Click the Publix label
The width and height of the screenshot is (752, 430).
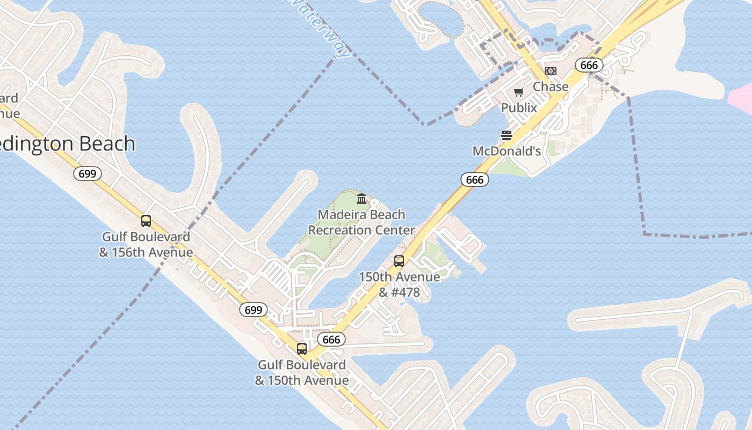pyautogui.click(x=519, y=107)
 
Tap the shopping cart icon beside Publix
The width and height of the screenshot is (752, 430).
pyautogui.click(x=518, y=92)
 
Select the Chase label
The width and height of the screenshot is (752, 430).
pyautogui.click(x=551, y=87)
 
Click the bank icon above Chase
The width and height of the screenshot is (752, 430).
pyautogui.click(x=551, y=71)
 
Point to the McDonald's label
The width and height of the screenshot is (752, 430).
pyautogui.click(x=507, y=151)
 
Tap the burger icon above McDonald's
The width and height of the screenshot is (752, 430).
pyautogui.click(x=507, y=135)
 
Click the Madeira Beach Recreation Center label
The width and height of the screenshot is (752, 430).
pyautogui.click(x=361, y=223)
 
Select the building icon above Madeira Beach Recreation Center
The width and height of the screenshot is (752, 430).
pyautogui.click(x=361, y=199)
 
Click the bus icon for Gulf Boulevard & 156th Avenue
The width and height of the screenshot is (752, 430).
pyautogui.click(x=146, y=221)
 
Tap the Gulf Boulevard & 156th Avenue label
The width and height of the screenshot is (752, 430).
pyautogui.click(x=146, y=245)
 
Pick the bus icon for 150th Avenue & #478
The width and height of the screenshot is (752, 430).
pyautogui.click(x=399, y=261)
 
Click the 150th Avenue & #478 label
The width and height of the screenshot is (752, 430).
pyautogui.click(x=399, y=285)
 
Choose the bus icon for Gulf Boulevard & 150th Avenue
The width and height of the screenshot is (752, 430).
pyautogui.click(x=302, y=349)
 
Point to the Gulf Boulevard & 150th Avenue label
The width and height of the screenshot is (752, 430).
pyautogui.click(x=302, y=372)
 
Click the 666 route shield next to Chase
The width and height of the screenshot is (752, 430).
pyautogui.click(x=589, y=65)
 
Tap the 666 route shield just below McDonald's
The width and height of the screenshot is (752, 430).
pyautogui.click(x=475, y=180)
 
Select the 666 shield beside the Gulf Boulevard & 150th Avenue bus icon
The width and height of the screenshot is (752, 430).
pyautogui.click(x=331, y=340)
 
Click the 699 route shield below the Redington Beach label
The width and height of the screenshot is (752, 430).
pyautogui.click(x=88, y=174)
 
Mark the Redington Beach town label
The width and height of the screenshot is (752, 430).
pyautogui.click(x=67, y=144)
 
